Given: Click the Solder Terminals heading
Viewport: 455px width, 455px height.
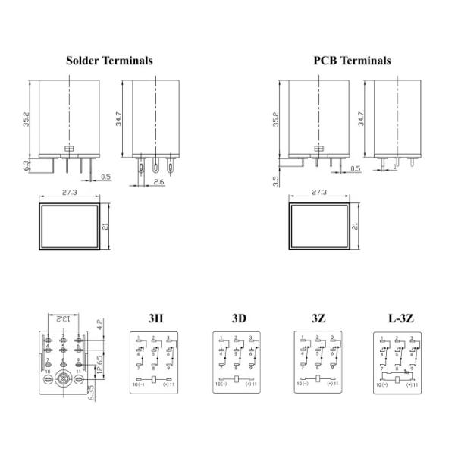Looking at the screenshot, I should click(x=109, y=61).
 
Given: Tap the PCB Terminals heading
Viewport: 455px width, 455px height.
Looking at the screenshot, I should click(x=352, y=61).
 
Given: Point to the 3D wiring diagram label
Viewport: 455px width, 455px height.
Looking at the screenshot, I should click(x=240, y=318).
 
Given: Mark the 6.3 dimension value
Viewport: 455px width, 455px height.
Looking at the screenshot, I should click(x=27, y=163).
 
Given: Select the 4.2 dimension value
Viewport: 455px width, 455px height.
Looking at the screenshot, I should click(x=100, y=327).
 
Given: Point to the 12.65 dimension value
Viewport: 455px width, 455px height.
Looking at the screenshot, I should click(x=100, y=362).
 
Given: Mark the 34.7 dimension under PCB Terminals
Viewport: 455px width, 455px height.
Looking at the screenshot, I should click(x=361, y=119).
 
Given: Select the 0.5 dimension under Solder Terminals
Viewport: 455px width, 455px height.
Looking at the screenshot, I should click(x=105, y=177).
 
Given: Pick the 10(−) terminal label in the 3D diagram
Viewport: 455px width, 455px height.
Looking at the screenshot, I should click(x=221, y=384).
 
